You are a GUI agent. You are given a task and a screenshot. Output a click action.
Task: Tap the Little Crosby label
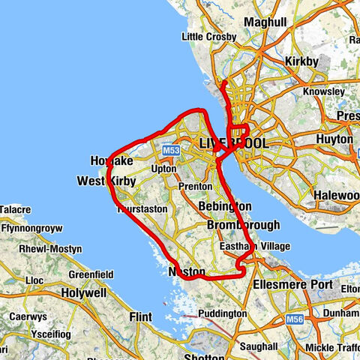[x=209, y=37]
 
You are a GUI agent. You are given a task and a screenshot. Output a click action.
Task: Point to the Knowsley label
[x=323, y=92]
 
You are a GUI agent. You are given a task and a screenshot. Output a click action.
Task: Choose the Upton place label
[x=163, y=169]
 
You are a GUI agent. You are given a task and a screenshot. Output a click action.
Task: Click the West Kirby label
[x=103, y=181]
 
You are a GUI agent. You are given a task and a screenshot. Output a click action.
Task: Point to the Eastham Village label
[x=255, y=247]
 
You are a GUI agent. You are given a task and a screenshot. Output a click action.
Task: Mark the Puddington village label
[x=223, y=313]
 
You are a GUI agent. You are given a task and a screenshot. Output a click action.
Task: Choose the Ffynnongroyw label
[x=31, y=226]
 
